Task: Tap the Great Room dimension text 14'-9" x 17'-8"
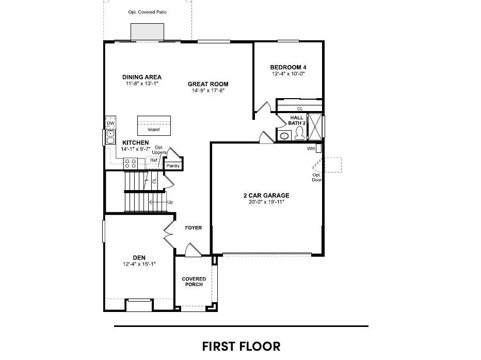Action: (x=207, y=91)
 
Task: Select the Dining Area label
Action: (x=141, y=77)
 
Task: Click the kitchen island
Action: (x=153, y=125)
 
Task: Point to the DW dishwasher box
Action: (x=110, y=124)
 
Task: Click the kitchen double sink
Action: (x=110, y=137)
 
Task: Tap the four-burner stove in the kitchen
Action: (x=131, y=164)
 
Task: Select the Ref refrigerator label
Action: (x=153, y=161)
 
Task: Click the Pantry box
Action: (x=172, y=166)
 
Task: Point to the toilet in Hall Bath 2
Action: (x=299, y=134)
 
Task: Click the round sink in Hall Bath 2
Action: (x=283, y=136)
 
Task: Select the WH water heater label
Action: (x=311, y=149)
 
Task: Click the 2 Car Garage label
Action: (x=266, y=195)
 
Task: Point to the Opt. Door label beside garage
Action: (x=316, y=178)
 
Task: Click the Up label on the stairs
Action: (x=170, y=202)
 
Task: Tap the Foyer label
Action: (x=194, y=228)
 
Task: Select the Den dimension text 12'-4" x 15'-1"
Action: (x=139, y=264)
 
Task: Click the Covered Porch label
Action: (x=194, y=282)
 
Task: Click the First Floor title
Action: (x=241, y=346)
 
